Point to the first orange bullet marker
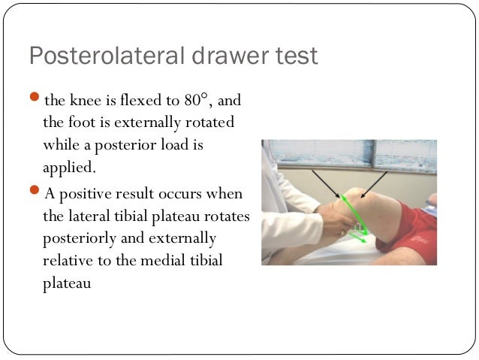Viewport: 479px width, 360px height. click(x=35, y=99)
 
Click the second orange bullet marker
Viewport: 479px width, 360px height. click(x=35, y=192)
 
